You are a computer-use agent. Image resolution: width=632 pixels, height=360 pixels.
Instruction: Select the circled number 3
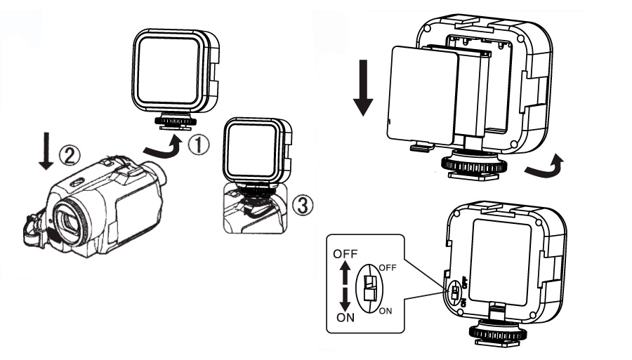pos(298,206)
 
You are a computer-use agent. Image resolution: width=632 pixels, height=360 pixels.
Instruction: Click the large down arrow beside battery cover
pos(362,88)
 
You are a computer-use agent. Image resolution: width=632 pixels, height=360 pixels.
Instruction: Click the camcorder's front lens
pos(70,218)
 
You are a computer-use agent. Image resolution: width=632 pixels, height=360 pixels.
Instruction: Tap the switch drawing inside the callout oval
pos(371,288)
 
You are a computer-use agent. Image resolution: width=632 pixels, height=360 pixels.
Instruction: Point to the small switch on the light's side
pos(455,293)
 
